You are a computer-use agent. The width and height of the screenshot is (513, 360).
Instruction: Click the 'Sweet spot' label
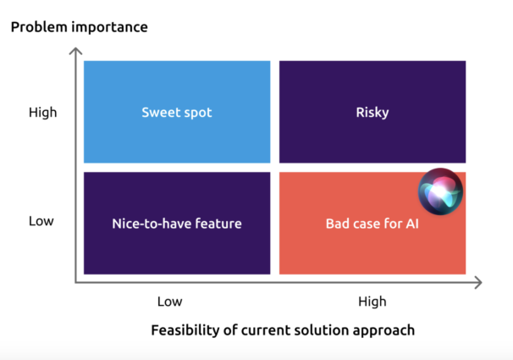177,113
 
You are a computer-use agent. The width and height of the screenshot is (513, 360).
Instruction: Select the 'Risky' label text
372,113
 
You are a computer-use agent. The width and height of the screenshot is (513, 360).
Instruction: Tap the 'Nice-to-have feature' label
177,224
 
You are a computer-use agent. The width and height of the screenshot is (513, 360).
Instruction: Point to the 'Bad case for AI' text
372,224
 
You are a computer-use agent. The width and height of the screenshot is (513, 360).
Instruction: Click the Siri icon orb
440,191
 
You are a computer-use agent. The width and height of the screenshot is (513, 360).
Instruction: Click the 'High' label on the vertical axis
43,113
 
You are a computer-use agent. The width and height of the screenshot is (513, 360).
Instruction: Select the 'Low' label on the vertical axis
41,221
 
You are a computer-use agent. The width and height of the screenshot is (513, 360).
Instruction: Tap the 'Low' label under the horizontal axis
170,302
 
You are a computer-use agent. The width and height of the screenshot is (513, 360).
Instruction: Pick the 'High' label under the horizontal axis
372,302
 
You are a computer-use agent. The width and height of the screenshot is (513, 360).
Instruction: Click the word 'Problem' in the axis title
39,27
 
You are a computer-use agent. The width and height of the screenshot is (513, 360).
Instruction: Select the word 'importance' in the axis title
109,27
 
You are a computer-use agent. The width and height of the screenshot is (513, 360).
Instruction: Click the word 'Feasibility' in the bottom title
185,330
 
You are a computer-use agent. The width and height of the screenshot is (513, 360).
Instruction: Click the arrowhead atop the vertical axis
75,51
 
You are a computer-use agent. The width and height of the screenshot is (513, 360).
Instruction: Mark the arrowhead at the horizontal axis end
478,282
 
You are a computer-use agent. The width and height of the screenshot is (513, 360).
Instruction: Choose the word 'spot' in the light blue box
198,114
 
